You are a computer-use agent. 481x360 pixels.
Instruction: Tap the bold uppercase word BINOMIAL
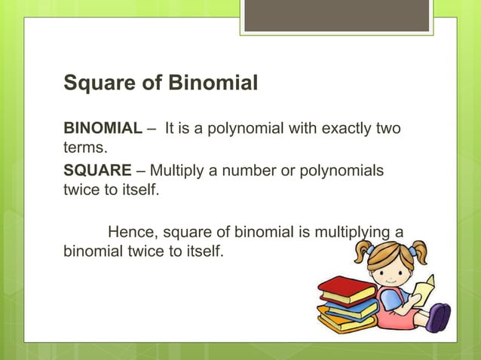pyautogui.click(x=102, y=129)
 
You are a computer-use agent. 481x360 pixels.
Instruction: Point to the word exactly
pyautogui.click(x=346, y=129)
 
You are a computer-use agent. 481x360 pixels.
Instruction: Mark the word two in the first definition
pyautogui.click(x=389, y=129)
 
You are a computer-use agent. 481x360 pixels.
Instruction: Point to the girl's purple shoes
pyautogui.click(x=438, y=316)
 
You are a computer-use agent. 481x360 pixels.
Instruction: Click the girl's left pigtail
pyautogui.click(x=365, y=249)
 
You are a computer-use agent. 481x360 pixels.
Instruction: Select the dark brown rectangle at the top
pyautogui.click(x=337, y=15)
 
